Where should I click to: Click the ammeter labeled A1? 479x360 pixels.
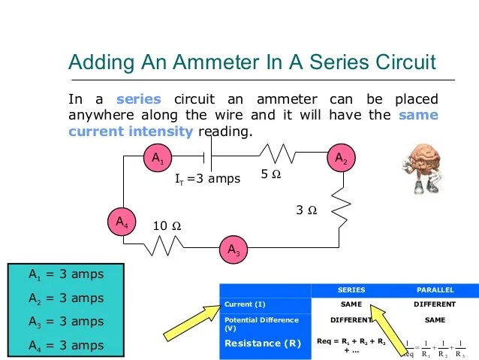(x=158, y=159)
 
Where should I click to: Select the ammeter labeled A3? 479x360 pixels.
(x=233, y=248)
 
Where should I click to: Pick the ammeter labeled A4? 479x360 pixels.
(x=121, y=222)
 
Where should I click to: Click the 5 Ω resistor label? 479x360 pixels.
(x=271, y=174)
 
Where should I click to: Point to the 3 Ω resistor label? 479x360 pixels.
(x=306, y=211)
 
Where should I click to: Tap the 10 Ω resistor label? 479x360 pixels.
(x=167, y=225)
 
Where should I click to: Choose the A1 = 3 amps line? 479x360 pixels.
(x=66, y=274)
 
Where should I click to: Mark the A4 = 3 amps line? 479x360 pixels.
(x=66, y=345)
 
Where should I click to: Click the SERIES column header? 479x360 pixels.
(x=351, y=290)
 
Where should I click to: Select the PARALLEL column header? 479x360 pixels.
(x=435, y=290)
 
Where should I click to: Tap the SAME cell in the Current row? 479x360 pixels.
(x=351, y=304)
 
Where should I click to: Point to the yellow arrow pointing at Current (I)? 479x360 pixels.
(x=183, y=324)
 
